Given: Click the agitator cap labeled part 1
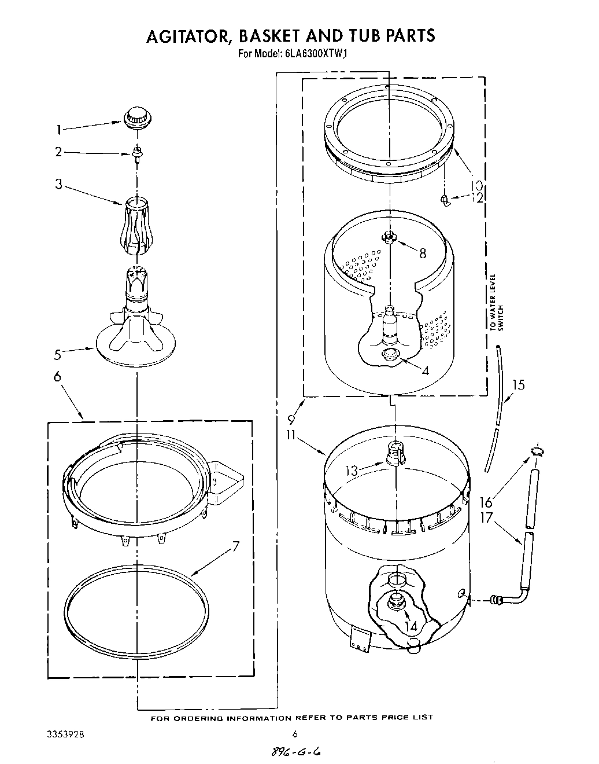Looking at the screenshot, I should tap(136, 116).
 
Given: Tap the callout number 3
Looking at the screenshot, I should tap(58, 185).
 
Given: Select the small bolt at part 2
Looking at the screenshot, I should tap(137, 153).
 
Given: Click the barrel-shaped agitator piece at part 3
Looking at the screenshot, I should tap(136, 225).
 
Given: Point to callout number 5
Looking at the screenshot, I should tap(58, 354).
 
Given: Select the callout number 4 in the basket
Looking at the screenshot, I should tap(425, 371).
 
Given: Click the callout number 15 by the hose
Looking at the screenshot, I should tap(519, 384).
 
